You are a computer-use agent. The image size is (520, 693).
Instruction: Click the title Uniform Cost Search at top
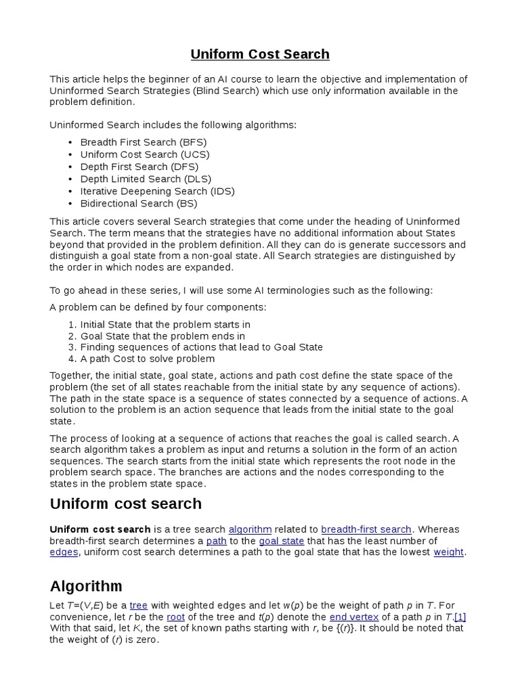tap(259, 54)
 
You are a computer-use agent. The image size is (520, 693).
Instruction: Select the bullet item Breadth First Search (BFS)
tap(143, 142)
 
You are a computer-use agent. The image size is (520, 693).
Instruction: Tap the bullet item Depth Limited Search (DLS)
tap(146, 179)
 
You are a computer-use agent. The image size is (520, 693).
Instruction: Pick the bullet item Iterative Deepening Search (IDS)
tap(157, 191)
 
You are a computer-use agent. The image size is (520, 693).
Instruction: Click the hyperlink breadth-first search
tap(366, 529)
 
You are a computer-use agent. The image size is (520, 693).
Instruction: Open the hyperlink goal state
tap(282, 541)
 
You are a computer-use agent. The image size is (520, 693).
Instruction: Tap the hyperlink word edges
tap(64, 552)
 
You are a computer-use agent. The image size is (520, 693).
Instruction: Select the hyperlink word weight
tap(448, 552)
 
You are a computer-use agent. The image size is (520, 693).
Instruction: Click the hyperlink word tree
tap(139, 605)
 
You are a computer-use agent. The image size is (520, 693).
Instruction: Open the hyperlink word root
tap(175, 617)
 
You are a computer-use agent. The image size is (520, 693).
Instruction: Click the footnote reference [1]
tap(460, 617)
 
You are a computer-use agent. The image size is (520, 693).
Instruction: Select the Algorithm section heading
tap(86, 585)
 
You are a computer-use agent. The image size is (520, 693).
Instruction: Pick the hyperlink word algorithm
tap(250, 529)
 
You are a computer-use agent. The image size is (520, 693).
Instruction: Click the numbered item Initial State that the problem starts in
tap(165, 325)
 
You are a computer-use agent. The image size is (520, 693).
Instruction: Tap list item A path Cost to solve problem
tap(147, 359)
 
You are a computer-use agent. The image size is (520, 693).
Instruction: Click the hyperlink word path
tap(216, 541)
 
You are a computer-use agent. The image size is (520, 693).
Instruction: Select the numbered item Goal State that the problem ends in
tap(162, 336)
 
